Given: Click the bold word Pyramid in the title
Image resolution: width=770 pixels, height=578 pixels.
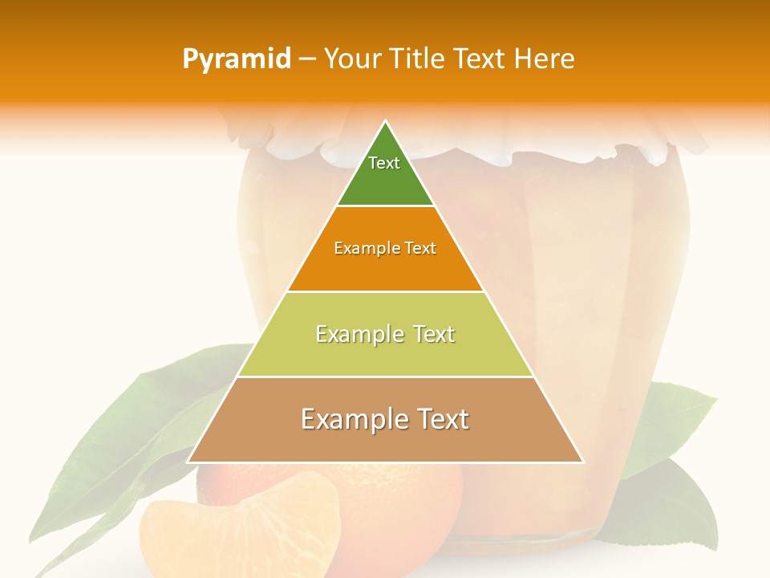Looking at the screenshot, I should tap(237, 59).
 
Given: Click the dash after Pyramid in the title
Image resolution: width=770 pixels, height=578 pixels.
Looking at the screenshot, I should tap(307, 59).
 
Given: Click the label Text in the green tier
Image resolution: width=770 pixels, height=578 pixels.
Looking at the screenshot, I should tap(383, 163).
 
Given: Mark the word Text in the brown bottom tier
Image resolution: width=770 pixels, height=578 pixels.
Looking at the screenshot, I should tap(440, 419).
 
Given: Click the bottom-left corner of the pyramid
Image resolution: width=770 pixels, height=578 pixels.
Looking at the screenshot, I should tap(189, 462).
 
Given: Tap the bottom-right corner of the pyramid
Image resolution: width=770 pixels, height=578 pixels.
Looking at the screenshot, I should tap(582, 462).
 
